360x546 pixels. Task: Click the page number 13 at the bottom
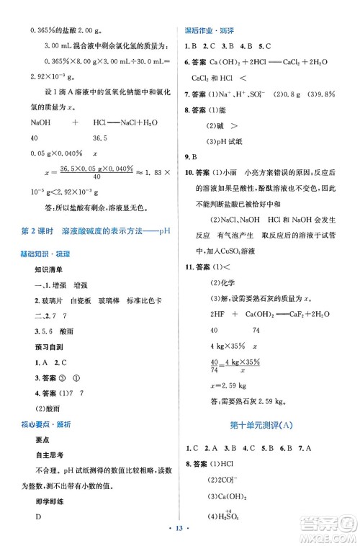pos(179,529)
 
